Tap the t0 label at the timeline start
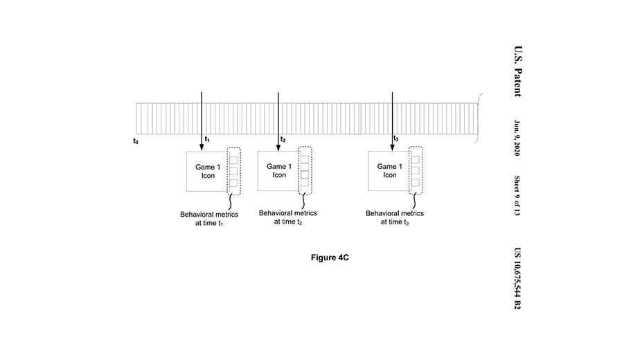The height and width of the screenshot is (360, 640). [x=136, y=141]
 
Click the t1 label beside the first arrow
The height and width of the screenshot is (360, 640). [x=207, y=140]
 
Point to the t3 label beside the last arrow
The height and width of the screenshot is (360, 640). [x=395, y=139]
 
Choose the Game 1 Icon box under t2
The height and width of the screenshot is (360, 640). [x=278, y=170]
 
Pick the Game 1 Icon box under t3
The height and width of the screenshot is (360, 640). [x=389, y=170]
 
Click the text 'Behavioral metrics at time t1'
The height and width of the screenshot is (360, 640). [x=208, y=220]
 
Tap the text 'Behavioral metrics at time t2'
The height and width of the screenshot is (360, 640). [x=286, y=217]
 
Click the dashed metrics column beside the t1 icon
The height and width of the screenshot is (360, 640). [x=234, y=171]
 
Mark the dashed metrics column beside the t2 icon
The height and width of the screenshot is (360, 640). [x=304, y=170]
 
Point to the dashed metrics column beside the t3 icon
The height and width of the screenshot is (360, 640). [x=415, y=170]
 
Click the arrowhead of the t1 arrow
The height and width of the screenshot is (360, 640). [x=202, y=145]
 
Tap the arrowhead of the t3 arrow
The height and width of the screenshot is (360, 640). [x=392, y=145]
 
